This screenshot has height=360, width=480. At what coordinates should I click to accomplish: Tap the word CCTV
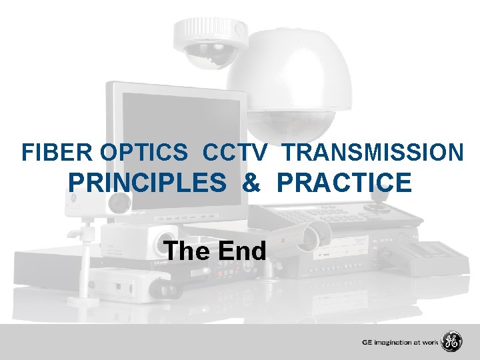pyautogui.click(x=234, y=153)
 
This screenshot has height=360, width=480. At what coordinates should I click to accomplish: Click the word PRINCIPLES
pyautogui.click(x=147, y=182)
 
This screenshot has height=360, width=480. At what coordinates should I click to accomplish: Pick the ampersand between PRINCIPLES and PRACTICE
pyautogui.click(x=252, y=182)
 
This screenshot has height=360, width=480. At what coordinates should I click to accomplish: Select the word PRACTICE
pyautogui.click(x=344, y=182)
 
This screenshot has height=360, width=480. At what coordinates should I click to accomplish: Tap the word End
pyautogui.click(x=241, y=251)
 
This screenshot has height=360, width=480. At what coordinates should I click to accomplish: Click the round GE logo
pyautogui.click(x=452, y=342)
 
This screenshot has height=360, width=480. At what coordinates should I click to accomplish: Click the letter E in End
pyautogui.click(x=223, y=251)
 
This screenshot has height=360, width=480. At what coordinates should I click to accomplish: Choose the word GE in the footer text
pyautogui.click(x=367, y=343)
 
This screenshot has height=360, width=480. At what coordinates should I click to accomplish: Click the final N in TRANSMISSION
pyautogui.click(x=455, y=153)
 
